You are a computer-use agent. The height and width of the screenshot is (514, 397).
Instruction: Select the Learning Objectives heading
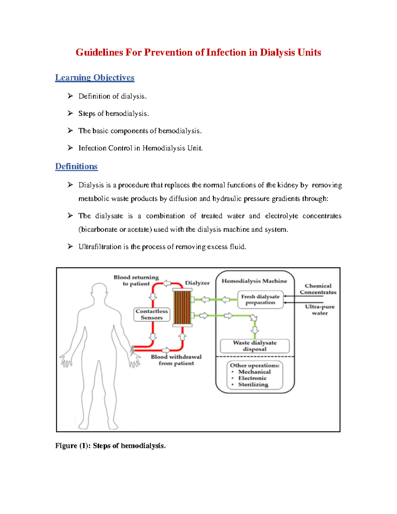(x=95, y=77)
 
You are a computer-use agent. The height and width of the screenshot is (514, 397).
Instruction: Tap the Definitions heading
(x=76, y=166)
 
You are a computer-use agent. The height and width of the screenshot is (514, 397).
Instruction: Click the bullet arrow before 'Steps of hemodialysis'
(x=70, y=113)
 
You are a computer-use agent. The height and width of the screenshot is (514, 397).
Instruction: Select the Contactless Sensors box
(x=152, y=314)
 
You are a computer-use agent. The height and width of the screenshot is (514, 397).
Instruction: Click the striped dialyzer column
(x=182, y=307)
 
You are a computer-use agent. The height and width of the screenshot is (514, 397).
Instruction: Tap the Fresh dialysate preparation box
(x=260, y=300)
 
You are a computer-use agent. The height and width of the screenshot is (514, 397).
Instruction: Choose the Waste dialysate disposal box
(x=254, y=346)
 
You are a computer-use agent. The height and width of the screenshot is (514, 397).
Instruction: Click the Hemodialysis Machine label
(x=254, y=281)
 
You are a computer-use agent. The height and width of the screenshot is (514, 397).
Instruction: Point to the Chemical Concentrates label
(x=318, y=289)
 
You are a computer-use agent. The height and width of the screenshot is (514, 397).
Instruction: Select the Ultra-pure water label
(x=320, y=310)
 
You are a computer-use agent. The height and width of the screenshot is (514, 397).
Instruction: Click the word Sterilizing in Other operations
(x=253, y=385)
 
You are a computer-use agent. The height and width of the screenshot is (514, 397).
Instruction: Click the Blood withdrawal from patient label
(x=176, y=360)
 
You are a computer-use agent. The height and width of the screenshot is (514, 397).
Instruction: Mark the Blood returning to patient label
(x=136, y=280)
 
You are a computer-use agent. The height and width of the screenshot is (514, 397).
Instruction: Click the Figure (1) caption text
(x=110, y=446)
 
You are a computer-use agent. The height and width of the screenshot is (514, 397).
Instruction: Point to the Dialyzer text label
(x=197, y=283)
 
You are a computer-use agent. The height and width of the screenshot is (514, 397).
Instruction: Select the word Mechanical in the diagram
(x=254, y=372)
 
